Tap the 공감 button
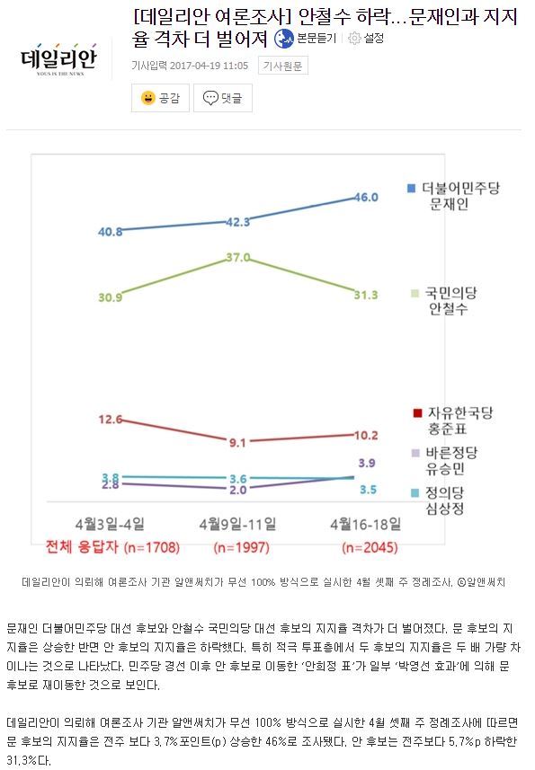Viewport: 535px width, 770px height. coord(160,98)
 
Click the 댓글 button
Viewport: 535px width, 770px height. coord(222,98)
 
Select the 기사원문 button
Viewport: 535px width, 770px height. coord(282,65)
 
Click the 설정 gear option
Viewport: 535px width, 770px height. coord(366,38)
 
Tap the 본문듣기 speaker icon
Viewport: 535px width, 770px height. coord(285,38)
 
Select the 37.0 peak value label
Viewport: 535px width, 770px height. coord(238,257)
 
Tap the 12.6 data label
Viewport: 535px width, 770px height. coord(111,419)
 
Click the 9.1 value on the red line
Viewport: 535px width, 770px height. coord(238,442)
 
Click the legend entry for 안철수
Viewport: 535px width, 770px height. coord(454,301)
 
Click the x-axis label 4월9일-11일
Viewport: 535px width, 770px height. coord(238,523)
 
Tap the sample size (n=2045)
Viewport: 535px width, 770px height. coord(368,547)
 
